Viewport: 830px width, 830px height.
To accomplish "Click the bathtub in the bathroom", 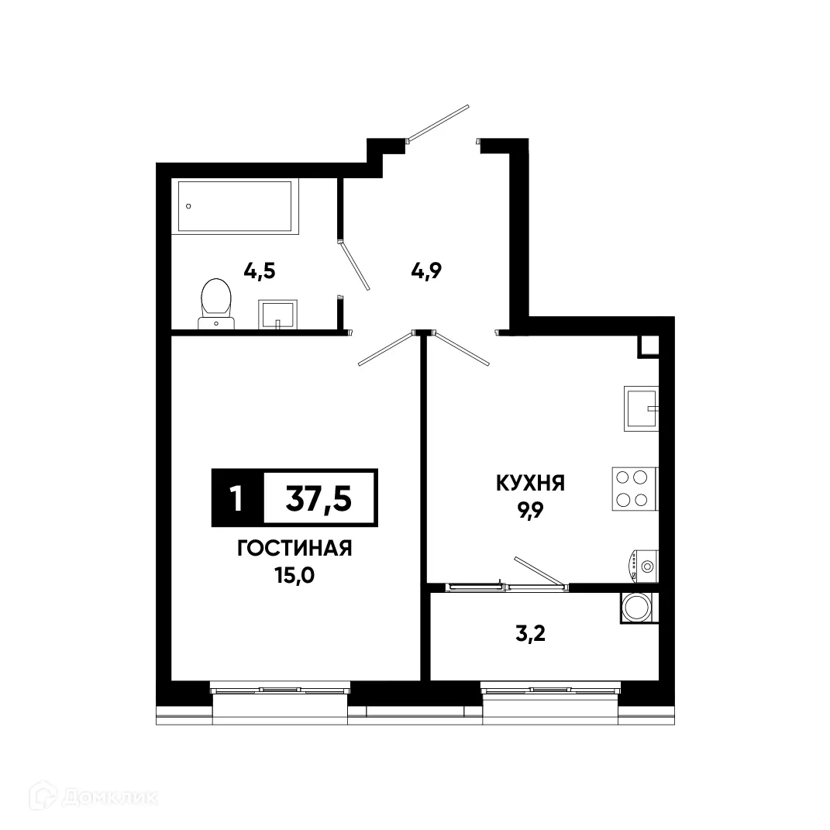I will tap(237, 206).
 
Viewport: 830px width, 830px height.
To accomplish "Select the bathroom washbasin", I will tap(277, 315).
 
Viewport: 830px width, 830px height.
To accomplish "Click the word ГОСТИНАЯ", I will tap(294, 549).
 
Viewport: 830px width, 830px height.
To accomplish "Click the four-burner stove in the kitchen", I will tap(634, 489).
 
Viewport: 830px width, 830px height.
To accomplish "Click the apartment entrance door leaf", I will tap(439, 123).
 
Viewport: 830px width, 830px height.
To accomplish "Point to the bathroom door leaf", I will tap(355, 266).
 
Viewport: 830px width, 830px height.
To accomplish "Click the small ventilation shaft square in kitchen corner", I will tap(648, 346).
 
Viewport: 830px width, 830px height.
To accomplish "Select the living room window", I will tap(280, 688).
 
